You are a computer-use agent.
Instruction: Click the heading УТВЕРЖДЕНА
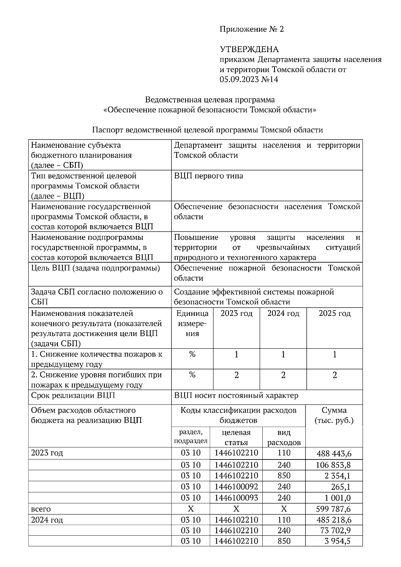[249, 49]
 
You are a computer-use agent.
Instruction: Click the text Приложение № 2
[251, 29]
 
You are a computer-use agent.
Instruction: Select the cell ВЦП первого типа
[209, 176]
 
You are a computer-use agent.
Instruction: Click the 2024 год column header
[283, 314]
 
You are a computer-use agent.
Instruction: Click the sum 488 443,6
[334, 453]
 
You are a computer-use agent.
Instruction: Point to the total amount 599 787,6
[333, 509]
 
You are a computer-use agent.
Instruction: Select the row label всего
[41, 509]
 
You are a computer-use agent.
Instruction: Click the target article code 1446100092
[236, 487]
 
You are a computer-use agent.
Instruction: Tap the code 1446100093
[236, 498]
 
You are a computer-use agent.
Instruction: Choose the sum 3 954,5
[337, 541]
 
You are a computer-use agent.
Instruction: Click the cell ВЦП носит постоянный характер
[236, 396]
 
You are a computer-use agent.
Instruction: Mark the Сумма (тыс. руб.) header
[334, 415]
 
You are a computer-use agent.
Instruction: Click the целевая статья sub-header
[236, 437]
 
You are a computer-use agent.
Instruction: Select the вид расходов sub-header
[284, 437]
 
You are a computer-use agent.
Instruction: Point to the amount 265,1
[341, 487]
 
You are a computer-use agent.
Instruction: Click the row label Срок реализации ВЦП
[73, 396]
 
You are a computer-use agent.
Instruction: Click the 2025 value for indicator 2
[335, 375]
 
